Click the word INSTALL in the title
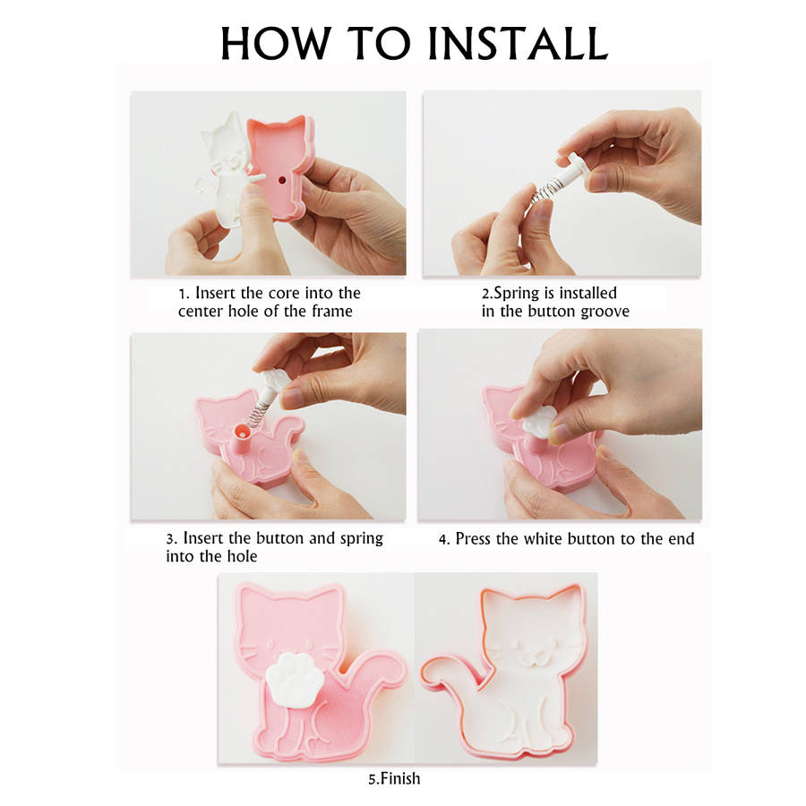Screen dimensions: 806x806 pos(519,43)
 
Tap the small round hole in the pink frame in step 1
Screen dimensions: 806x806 pos(282,180)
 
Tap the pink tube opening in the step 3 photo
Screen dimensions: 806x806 pos(242,431)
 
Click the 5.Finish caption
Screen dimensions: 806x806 pos(394,779)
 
